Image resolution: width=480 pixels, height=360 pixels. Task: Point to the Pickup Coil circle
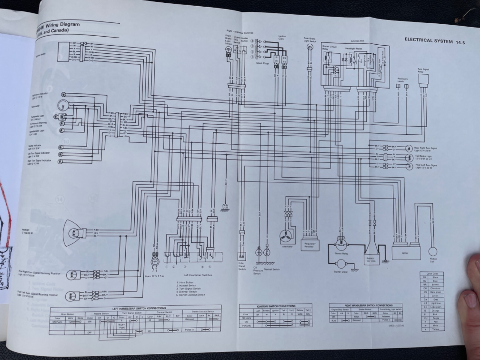coord(433,251)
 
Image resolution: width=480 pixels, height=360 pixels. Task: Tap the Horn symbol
coord(155,261)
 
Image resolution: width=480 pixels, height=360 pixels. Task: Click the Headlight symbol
coord(73,232)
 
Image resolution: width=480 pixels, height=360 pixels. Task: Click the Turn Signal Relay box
coord(423,79)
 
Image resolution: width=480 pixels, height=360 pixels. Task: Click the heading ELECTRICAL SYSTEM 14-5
coord(434,41)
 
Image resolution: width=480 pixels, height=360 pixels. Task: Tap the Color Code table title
coord(432,274)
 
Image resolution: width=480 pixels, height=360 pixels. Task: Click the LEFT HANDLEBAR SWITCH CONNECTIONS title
coord(139,308)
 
